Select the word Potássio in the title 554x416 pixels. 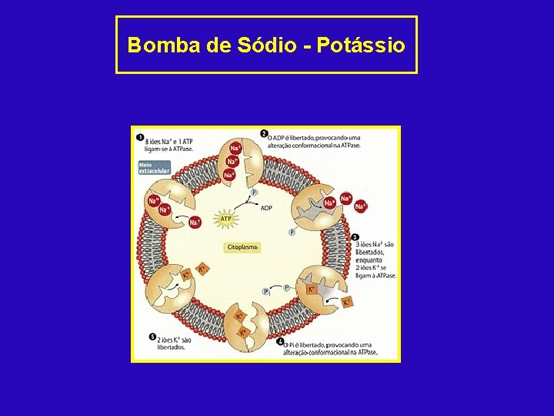(x=360, y=45)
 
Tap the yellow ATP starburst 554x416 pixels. (x=226, y=220)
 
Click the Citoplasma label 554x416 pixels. (x=242, y=247)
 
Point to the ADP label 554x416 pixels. (x=266, y=208)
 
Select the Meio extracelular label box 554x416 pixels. (x=153, y=167)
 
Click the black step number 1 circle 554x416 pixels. (x=140, y=138)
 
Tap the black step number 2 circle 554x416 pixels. (x=264, y=133)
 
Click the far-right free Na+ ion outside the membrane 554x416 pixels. (x=361, y=206)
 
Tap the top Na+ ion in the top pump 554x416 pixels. (x=235, y=148)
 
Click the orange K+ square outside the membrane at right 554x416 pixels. (x=347, y=302)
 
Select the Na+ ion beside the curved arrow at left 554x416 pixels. (x=195, y=223)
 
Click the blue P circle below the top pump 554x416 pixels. (x=254, y=192)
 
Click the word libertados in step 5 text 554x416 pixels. (x=171, y=347)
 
